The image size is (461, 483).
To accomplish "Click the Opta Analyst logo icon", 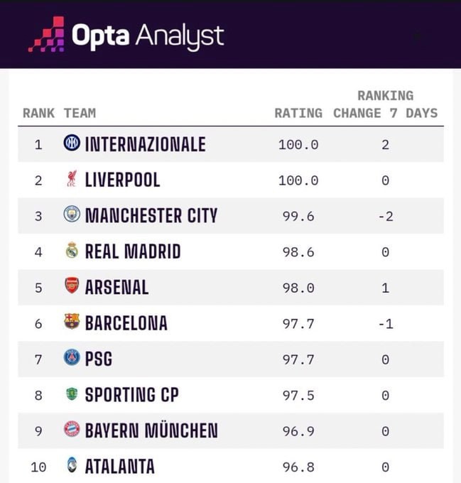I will tap(46, 35).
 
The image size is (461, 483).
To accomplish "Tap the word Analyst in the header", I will tap(179, 36).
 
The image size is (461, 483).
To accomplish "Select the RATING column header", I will tap(298, 113).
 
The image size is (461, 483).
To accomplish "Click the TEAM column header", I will tap(80, 113).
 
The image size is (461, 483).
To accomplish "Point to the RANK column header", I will tap(38, 113).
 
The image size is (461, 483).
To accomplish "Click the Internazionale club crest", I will tap(72, 143).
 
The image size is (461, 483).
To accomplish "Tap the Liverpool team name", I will tap(122, 180).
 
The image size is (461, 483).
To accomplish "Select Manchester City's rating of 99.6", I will tap(298, 216).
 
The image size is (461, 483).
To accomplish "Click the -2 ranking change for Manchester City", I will tap(385, 216).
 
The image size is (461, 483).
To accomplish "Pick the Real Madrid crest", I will tap(72, 251).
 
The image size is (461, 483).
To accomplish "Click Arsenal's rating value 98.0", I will tap(298, 287).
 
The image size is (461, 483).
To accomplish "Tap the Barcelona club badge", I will tap(72, 322).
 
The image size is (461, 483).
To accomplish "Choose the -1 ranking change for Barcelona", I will tap(385, 323).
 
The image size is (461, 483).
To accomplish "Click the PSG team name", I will tap(99, 359).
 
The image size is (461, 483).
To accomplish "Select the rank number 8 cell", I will tap(38, 395).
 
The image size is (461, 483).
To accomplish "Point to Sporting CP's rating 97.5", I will tap(298, 395).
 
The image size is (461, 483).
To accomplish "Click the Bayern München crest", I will tap(72, 430).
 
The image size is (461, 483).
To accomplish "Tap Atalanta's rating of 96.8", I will tap(298, 467).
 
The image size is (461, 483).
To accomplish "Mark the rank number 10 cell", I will tap(38, 467).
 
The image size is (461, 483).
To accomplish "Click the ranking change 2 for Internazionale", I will tap(385, 144).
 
